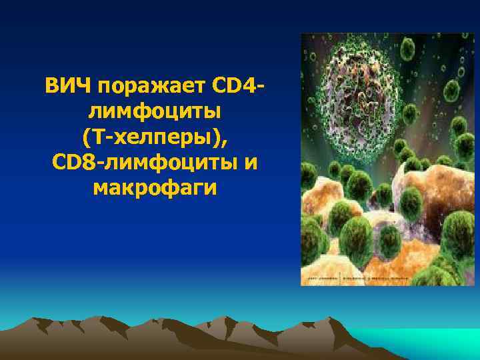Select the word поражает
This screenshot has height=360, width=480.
point(151,87)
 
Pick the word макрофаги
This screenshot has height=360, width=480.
point(155,188)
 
